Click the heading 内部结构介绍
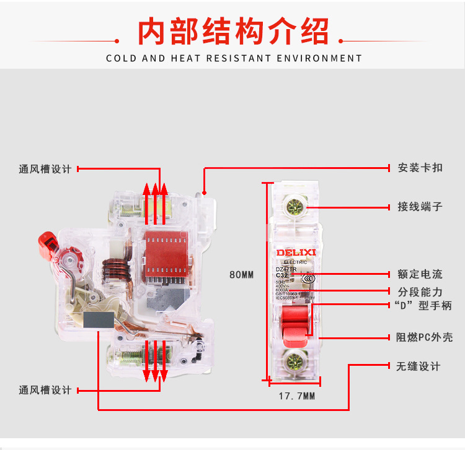pos(232,32)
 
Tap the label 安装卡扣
pos(420,168)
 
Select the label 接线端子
pos(420,207)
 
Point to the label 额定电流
pos(420,274)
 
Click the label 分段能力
pos(420,291)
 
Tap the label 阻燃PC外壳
pos(424,337)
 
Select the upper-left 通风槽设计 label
pos(45,169)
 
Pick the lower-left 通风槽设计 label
pos(45,390)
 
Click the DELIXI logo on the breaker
pos(296,253)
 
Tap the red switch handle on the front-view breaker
pos(295,323)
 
